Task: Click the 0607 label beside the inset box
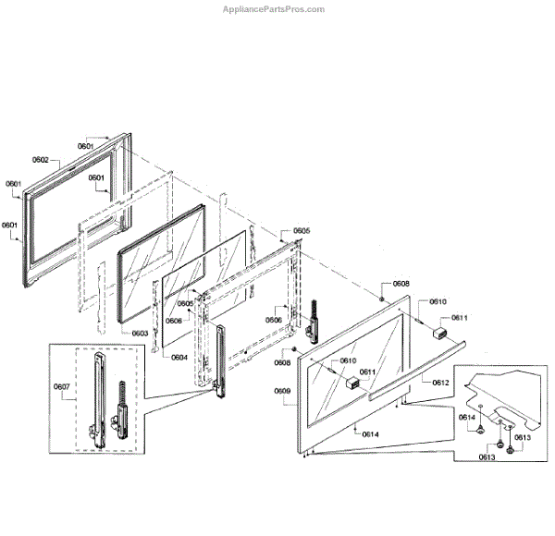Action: point(63,386)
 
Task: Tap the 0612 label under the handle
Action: point(440,381)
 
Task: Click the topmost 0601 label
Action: point(86,146)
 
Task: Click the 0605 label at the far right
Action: point(302,230)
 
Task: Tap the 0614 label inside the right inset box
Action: point(467,418)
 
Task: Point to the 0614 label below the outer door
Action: point(370,433)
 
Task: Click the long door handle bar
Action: point(416,368)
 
